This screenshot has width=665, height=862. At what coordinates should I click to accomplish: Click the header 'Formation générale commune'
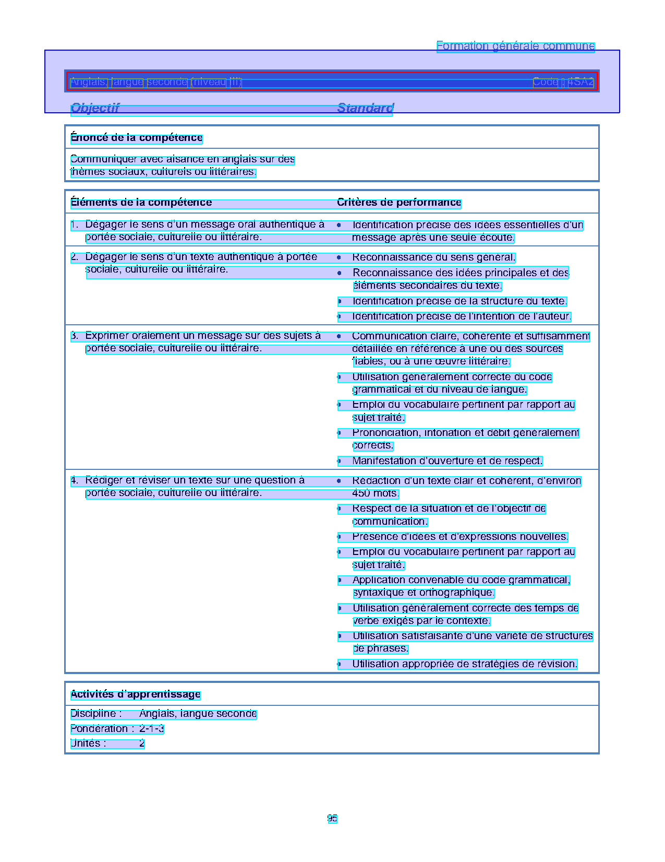(515, 46)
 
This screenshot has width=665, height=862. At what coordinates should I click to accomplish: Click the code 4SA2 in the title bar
(581, 82)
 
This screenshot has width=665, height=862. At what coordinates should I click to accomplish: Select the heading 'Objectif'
(95, 108)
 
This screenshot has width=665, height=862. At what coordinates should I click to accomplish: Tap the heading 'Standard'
(365, 108)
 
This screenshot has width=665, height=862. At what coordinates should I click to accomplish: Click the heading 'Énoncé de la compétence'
(136, 138)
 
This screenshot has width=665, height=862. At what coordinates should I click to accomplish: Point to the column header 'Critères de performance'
(399, 203)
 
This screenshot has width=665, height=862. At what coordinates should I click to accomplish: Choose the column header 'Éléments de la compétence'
(141, 203)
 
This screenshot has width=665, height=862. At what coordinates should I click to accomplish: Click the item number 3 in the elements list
(74, 336)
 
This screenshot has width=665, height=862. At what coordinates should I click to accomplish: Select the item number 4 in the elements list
(74, 480)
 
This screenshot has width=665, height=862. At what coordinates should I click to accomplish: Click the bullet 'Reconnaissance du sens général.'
(433, 257)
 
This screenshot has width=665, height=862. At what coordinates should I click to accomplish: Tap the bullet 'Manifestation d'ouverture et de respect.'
(447, 461)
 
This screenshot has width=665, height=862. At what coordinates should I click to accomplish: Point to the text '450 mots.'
(376, 493)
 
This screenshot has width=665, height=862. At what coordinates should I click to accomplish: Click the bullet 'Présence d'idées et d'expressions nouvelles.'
(460, 537)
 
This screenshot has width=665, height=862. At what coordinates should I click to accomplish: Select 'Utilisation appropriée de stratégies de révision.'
(465, 664)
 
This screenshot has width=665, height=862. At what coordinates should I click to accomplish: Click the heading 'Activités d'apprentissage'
(136, 694)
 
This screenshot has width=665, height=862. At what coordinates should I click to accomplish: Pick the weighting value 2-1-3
(151, 729)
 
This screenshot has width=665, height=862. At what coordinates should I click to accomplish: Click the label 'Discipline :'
(96, 714)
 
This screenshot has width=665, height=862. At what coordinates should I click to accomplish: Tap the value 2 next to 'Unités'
(142, 743)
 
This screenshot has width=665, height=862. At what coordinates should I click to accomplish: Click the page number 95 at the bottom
(332, 819)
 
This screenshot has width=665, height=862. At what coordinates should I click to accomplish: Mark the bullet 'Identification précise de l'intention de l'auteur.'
(462, 316)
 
